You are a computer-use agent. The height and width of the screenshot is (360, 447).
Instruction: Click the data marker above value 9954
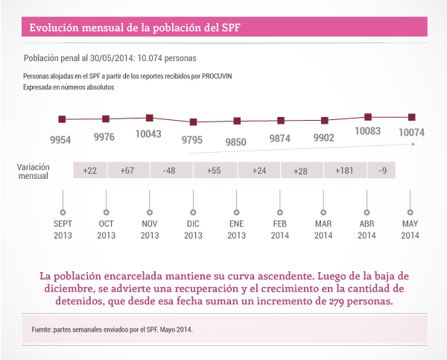point(62,119)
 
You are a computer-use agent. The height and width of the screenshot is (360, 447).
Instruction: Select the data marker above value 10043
point(150,118)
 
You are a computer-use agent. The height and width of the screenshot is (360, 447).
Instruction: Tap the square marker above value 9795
point(193,121)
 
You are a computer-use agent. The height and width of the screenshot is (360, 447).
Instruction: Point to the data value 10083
point(368,131)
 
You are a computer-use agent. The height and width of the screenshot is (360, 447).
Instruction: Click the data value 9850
point(236,141)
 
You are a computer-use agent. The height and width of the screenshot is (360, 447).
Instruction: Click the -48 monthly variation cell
point(170,171)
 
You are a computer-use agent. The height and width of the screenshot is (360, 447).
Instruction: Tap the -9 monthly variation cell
point(381,171)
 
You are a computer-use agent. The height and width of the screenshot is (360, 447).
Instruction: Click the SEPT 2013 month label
point(63,229)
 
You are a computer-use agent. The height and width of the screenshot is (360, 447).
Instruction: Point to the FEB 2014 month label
point(280,229)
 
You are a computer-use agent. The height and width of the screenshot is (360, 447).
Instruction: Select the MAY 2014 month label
point(410,229)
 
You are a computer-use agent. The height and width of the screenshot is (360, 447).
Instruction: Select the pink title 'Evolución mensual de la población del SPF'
point(135,28)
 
